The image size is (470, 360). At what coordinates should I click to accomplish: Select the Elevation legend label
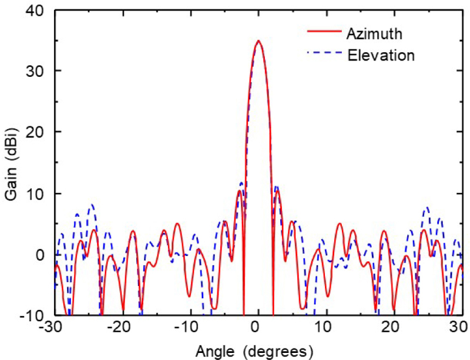tap(381, 56)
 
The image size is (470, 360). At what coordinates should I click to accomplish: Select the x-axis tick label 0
tap(258, 328)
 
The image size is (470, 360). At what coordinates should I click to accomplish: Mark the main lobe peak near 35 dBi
tap(258, 41)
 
